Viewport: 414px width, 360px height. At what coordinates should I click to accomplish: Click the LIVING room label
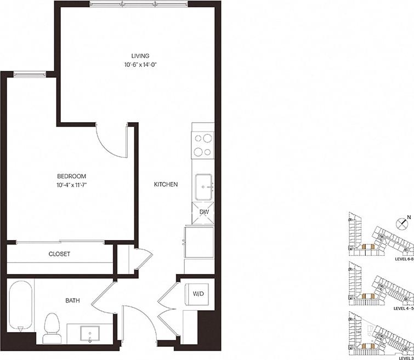(x=140, y=56)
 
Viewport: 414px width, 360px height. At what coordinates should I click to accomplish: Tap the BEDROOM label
(x=71, y=176)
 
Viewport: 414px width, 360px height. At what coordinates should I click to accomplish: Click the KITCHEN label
(x=166, y=185)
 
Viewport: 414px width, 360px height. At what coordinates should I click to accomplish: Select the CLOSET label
(x=59, y=254)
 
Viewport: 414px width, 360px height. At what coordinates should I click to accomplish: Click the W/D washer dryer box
(x=197, y=294)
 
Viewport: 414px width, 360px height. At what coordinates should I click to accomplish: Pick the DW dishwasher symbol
(x=203, y=213)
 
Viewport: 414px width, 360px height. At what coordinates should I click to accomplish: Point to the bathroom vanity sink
(x=89, y=333)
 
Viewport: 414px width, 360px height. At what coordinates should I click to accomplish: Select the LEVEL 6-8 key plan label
(x=403, y=260)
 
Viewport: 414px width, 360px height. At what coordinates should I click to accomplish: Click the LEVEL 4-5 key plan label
(x=403, y=308)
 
